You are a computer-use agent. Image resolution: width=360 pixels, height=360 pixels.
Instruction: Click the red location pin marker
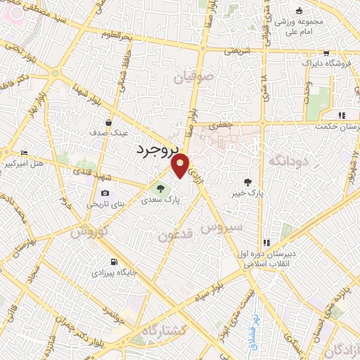(x=181, y=165)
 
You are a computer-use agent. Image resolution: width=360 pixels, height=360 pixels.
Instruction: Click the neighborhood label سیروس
(x=221, y=226)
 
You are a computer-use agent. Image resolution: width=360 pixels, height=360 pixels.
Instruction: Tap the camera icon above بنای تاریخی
(x=105, y=193)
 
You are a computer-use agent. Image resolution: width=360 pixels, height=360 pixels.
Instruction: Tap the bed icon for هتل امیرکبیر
(x=25, y=153)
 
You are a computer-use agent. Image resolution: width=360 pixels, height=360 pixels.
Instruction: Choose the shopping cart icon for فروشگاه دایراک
(x=326, y=53)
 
